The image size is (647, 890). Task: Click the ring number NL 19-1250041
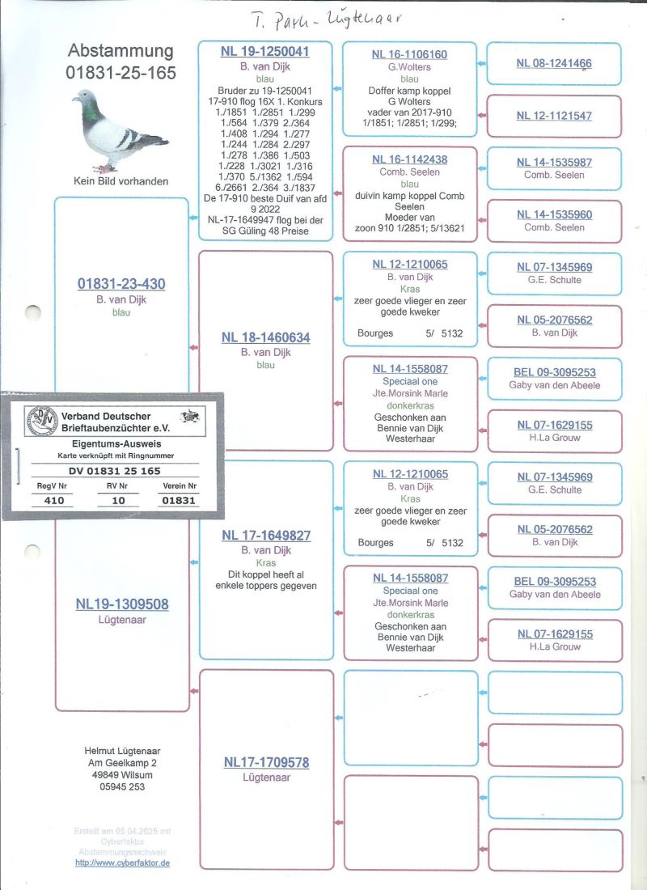point(265,52)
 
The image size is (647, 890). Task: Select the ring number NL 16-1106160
point(409,54)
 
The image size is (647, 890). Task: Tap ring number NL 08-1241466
point(554,63)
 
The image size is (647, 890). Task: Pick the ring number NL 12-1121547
point(554,116)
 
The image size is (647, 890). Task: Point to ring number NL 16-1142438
point(409,159)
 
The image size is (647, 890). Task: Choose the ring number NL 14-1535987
point(554,163)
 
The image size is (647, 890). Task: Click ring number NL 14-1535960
point(554,215)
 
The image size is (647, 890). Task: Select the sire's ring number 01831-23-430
point(121,284)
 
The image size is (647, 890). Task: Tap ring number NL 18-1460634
point(265,337)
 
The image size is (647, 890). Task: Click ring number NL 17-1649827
point(265,536)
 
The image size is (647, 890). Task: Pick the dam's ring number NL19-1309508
point(121,604)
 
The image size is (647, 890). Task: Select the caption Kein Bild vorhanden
point(121,181)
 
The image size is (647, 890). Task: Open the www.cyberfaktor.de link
point(122,862)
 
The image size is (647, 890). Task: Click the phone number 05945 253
point(122,786)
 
